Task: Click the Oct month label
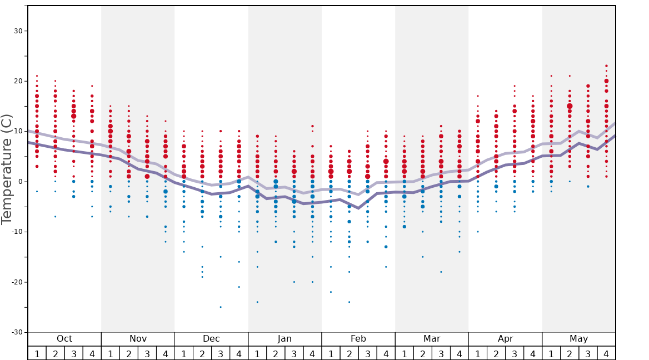click(x=64, y=339)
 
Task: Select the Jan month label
click(x=284, y=339)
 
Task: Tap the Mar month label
click(x=432, y=339)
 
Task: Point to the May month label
click(x=578, y=339)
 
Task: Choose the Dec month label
click(x=211, y=339)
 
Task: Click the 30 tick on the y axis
click(x=18, y=31)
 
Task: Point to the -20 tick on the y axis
click(x=16, y=282)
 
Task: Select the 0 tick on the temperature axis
click(x=20, y=182)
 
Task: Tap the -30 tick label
click(x=16, y=332)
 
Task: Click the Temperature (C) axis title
click(x=7, y=169)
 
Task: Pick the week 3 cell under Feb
click(x=367, y=353)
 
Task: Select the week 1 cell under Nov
click(x=111, y=353)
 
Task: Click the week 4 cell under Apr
click(x=533, y=353)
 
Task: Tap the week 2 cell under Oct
click(x=56, y=353)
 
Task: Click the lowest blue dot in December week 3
click(x=221, y=307)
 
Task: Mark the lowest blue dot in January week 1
click(x=257, y=302)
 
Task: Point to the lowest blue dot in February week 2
click(x=349, y=302)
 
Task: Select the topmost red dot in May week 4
click(x=606, y=66)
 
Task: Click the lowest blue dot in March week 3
click(x=441, y=272)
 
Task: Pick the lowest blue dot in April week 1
click(x=478, y=232)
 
